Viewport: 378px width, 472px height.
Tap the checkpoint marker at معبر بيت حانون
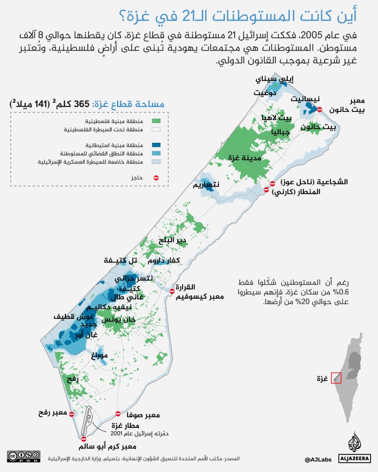coord(320,110)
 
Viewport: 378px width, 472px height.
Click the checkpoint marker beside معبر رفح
coord(72,414)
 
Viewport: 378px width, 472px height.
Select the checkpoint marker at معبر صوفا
coord(118,414)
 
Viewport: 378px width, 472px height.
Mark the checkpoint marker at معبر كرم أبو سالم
coord(84,439)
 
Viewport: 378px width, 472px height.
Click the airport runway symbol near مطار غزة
coord(91,421)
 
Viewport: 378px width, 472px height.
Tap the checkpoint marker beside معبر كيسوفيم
coord(172,291)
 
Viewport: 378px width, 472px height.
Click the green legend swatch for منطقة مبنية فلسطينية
coord(157,121)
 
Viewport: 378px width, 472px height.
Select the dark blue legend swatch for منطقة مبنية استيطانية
coord(157,145)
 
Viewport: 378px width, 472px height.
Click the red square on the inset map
coord(336,378)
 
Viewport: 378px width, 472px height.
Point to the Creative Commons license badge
coord(23,457)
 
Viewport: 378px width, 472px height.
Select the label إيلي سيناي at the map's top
coord(278,79)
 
